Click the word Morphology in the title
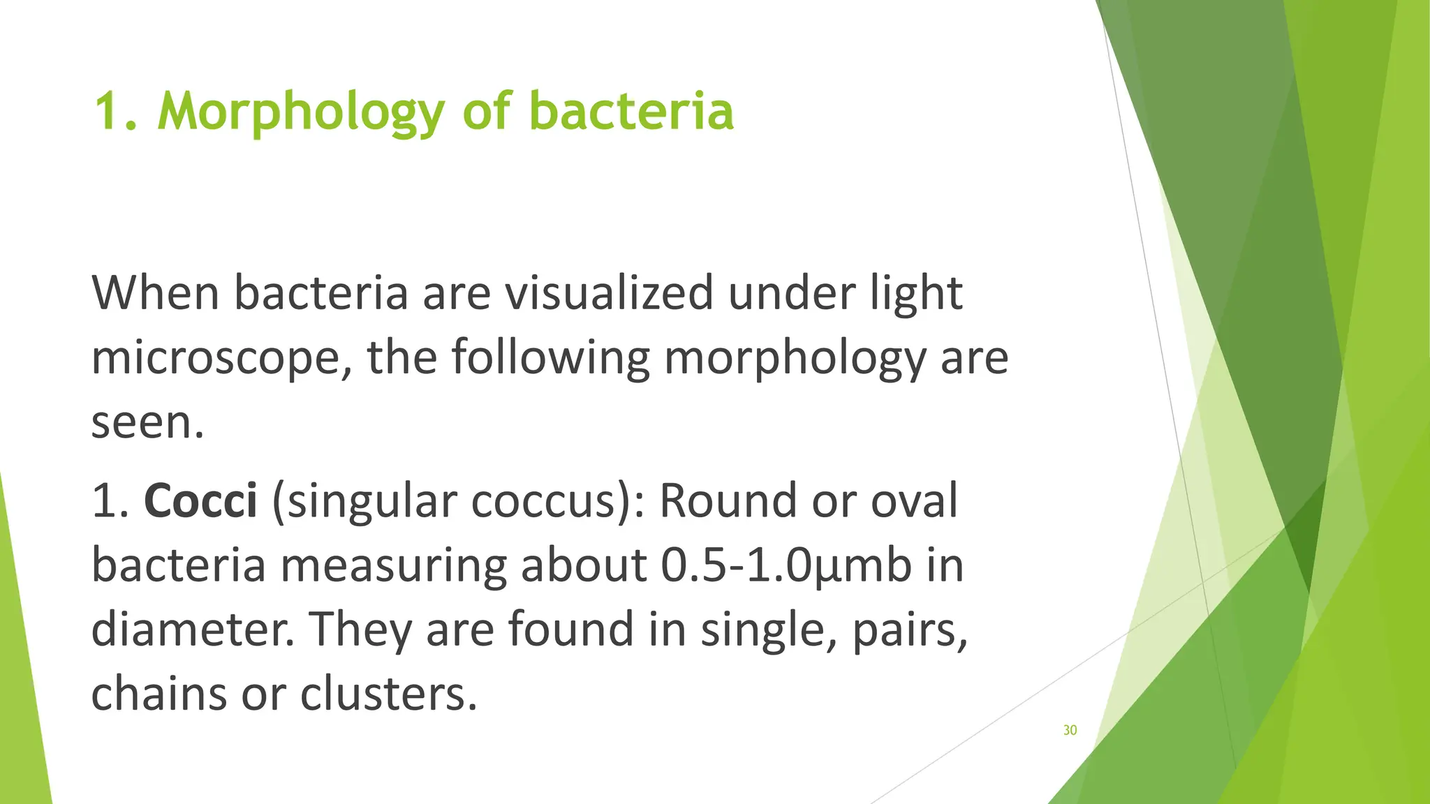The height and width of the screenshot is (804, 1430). [302, 112]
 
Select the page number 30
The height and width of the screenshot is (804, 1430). [1070, 730]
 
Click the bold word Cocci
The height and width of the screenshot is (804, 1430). [200, 500]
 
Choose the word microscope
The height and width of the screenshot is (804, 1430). [221, 358]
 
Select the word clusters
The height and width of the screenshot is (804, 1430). [389, 694]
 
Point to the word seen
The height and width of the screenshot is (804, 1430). [147, 422]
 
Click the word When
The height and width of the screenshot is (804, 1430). [156, 293]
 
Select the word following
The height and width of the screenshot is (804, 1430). [550, 358]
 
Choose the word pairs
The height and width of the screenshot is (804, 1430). [909, 629]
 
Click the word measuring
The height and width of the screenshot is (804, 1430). [393, 565]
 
